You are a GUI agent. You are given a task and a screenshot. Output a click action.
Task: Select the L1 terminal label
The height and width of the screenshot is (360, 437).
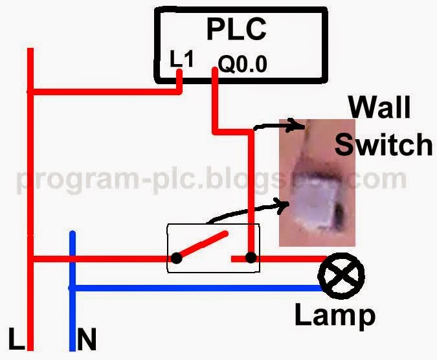(x=181, y=60)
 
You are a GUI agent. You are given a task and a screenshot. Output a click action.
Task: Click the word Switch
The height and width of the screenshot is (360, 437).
(x=383, y=144)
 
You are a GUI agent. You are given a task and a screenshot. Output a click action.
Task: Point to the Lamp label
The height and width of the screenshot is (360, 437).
(x=335, y=315)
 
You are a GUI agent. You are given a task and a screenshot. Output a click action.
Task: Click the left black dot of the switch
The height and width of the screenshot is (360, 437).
(x=175, y=259)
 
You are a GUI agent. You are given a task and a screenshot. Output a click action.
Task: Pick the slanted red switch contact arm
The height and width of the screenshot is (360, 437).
(x=202, y=245)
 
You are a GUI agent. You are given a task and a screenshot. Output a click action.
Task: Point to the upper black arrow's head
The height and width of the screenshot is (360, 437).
(x=300, y=125)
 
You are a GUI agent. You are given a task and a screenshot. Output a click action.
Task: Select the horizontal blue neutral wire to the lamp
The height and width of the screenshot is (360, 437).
(x=194, y=287)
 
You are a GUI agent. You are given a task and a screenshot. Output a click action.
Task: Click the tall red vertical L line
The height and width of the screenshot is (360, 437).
(x=30, y=194)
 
